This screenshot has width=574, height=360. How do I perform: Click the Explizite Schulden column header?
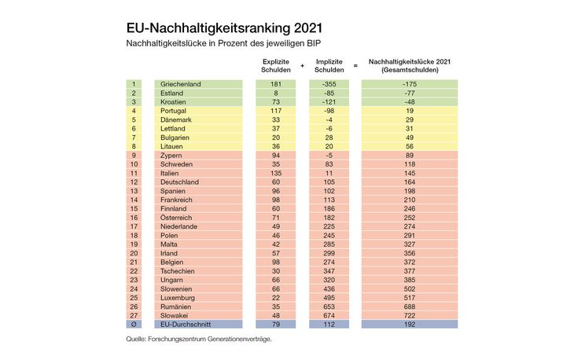(x=275, y=65)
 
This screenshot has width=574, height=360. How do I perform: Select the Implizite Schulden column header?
(x=328, y=65)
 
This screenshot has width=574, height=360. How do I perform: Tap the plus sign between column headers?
(x=302, y=65)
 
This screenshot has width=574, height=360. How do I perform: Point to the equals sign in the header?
(x=355, y=65)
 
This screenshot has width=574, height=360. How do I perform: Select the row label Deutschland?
(x=179, y=182)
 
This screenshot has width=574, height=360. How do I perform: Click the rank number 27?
(x=134, y=314)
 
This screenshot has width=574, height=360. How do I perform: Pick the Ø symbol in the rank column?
(x=134, y=324)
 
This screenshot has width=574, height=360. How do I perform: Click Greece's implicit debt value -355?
(x=328, y=84)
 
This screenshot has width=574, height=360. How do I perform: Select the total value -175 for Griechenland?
(x=409, y=84)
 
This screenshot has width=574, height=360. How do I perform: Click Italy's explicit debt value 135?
(x=275, y=173)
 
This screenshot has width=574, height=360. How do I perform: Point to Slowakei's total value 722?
(x=409, y=314)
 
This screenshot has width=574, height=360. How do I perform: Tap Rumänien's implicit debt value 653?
(x=328, y=306)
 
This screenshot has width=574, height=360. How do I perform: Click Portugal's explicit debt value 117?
(x=275, y=111)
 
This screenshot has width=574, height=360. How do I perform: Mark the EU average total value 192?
(x=409, y=324)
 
